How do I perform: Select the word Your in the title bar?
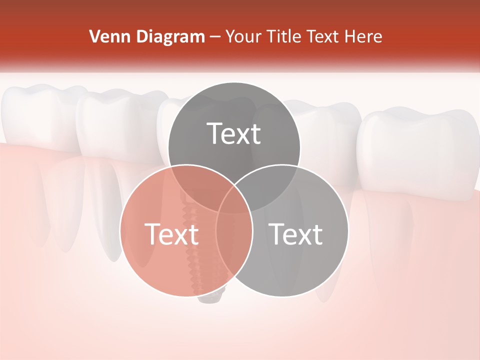pos(244,36)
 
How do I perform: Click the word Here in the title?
pos(364,36)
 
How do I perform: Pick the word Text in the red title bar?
pos(322,36)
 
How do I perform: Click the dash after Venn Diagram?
pos(215,37)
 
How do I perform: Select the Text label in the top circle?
pos(234,133)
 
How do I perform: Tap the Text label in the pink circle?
pos(171,234)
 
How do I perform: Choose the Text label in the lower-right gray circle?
pos(296,234)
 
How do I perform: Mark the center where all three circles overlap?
pos(234,200)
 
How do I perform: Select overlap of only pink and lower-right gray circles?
pos(234,250)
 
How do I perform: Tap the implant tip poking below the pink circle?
pos(209,299)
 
